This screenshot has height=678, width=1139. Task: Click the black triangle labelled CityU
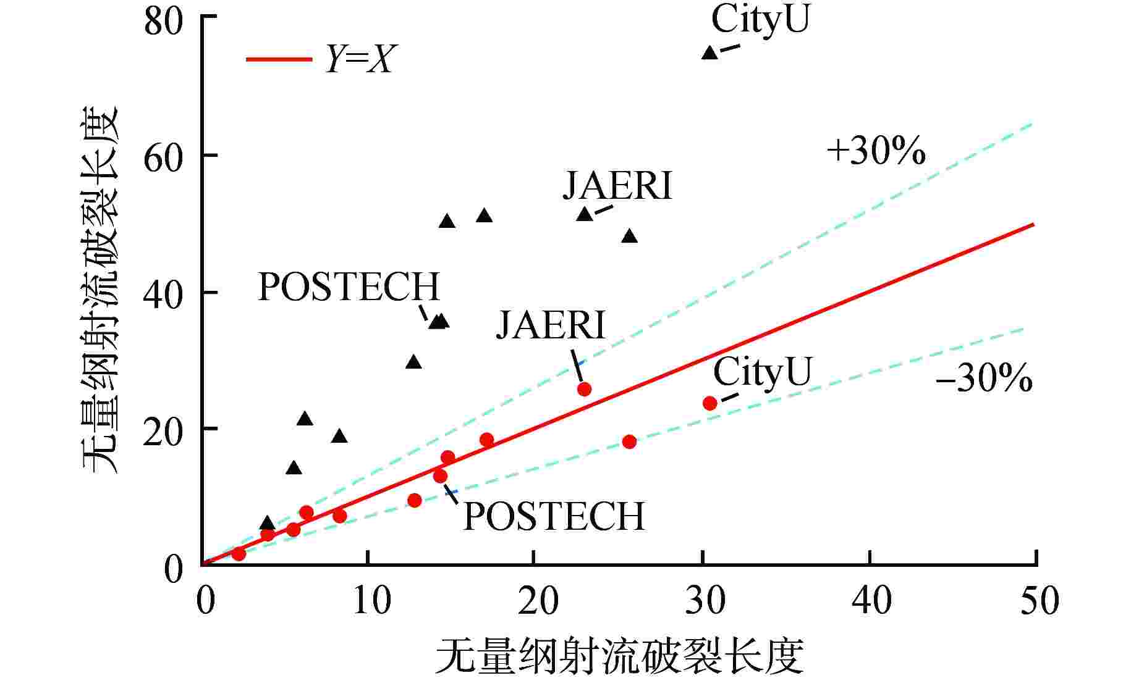(709, 53)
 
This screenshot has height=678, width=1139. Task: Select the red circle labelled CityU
(709, 403)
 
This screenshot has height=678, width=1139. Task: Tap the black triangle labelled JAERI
(585, 214)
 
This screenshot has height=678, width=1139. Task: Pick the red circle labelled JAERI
(584, 389)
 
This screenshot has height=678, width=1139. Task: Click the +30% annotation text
(876, 151)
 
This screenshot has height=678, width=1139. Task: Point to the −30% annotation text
(983, 379)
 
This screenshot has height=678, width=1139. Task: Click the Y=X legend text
(359, 60)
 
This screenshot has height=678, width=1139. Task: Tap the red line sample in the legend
(279, 60)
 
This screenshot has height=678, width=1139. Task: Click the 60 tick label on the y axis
(164, 158)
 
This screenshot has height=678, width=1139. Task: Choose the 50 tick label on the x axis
(1039, 600)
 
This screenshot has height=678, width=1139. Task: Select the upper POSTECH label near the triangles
(349, 287)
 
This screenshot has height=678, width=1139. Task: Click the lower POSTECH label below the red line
(554, 516)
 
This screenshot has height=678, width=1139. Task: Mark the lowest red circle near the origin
(239, 554)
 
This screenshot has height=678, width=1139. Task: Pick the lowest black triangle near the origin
(267, 523)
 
